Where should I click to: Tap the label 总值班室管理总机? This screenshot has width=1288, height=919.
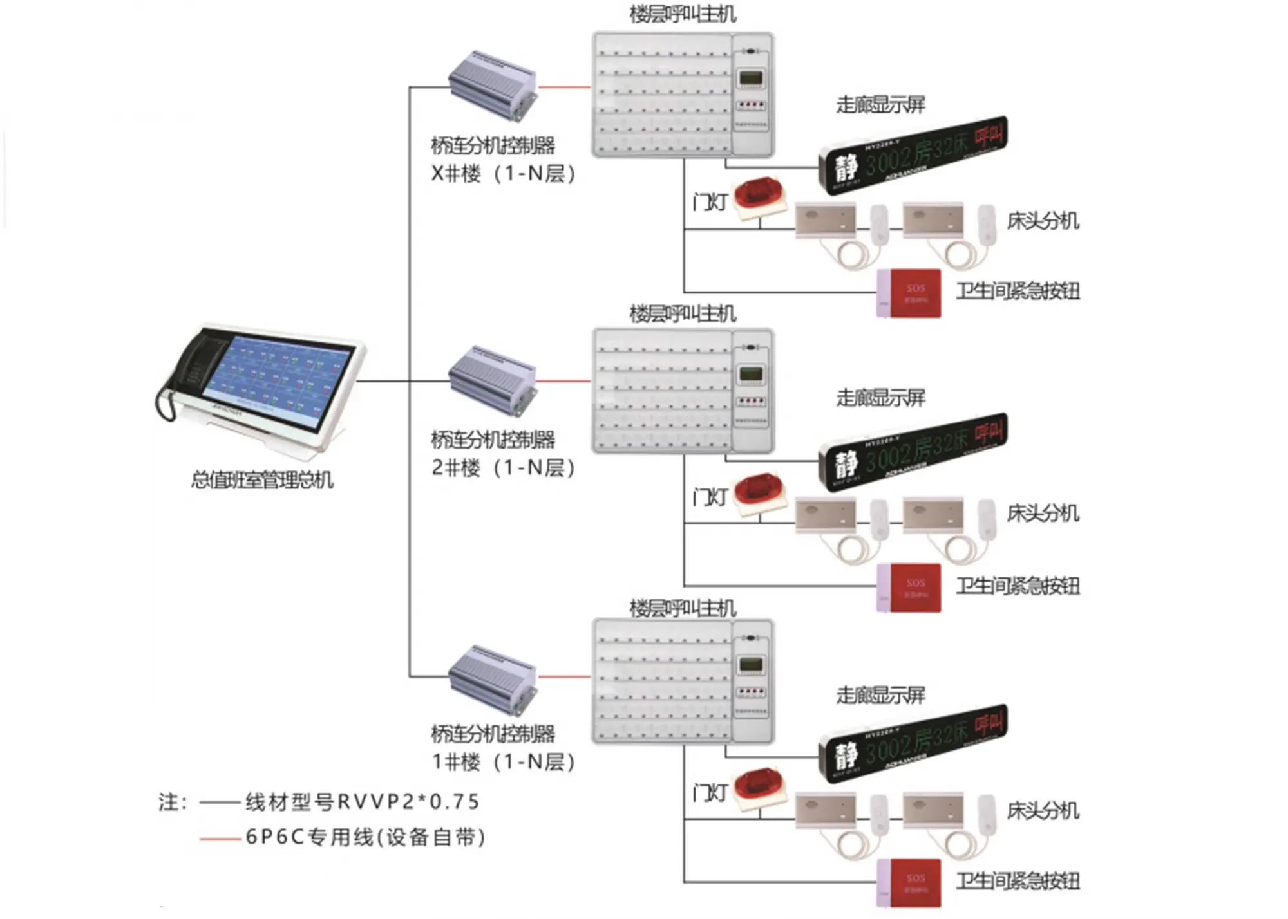[x=262, y=480]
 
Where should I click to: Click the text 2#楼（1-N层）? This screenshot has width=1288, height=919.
[x=503, y=468]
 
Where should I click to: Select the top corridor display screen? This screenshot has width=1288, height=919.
[x=913, y=155]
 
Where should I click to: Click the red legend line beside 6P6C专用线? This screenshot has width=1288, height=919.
[x=220, y=839]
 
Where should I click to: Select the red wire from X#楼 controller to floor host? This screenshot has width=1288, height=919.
[x=564, y=87]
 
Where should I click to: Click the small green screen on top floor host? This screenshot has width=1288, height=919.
[x=751, y=79]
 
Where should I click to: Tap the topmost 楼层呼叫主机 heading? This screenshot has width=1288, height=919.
[x=683, y=14]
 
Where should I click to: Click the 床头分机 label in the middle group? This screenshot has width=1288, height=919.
[x=1043, y=514]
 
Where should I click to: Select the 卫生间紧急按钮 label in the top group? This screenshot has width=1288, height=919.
[x=1018, y=291]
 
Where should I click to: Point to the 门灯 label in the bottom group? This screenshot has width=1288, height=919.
[x=710, y=793]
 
